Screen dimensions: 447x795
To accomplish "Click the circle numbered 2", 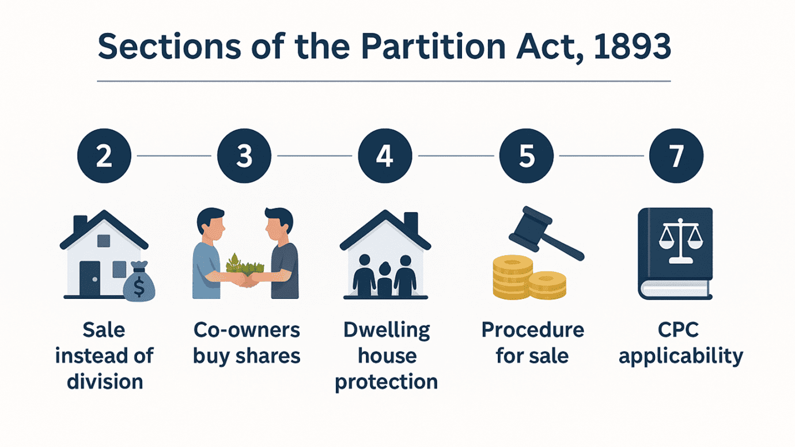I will point(104,156).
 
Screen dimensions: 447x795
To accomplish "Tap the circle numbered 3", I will point(244,156).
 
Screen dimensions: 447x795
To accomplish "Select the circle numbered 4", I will point(385,156).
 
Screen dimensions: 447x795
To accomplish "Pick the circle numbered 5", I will point(527,156).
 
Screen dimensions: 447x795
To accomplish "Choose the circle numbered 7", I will point(676,156).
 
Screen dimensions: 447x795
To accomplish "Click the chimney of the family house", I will point(410,222).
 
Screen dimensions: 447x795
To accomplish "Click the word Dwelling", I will point(387,331).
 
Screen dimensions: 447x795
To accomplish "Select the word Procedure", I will point(532,331).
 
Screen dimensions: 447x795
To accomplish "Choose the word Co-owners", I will point(247,331).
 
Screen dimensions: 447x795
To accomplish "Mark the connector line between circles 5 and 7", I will point(601,156).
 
